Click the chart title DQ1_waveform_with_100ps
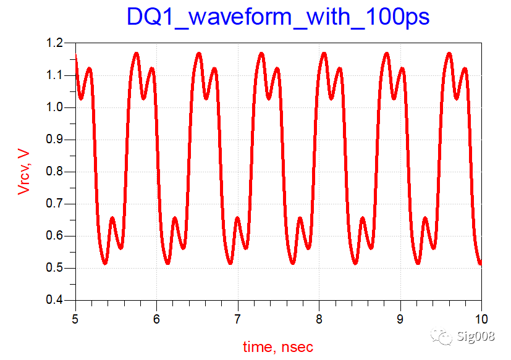[278, 17]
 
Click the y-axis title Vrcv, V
[24, 172]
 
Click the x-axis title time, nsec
[278, 347]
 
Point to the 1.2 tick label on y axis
[55, 43]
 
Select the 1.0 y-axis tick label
[55, 107]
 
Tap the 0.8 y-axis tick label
[55, 172]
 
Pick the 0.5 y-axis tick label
[55, 268]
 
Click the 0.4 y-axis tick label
[55, 299]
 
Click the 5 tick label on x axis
[75, 319]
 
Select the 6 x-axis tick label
[157, 319]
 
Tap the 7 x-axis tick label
[238, 319]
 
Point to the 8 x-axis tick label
[319, 319]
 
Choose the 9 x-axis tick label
[400, 319]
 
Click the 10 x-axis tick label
[481, 319]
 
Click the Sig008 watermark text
[476, 336]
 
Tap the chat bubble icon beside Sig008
[442, 336]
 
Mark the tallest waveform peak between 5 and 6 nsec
[137, 54]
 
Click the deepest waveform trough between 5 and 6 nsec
[105, 263]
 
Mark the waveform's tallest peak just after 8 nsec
[324, 54]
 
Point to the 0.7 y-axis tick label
[55, 204]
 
